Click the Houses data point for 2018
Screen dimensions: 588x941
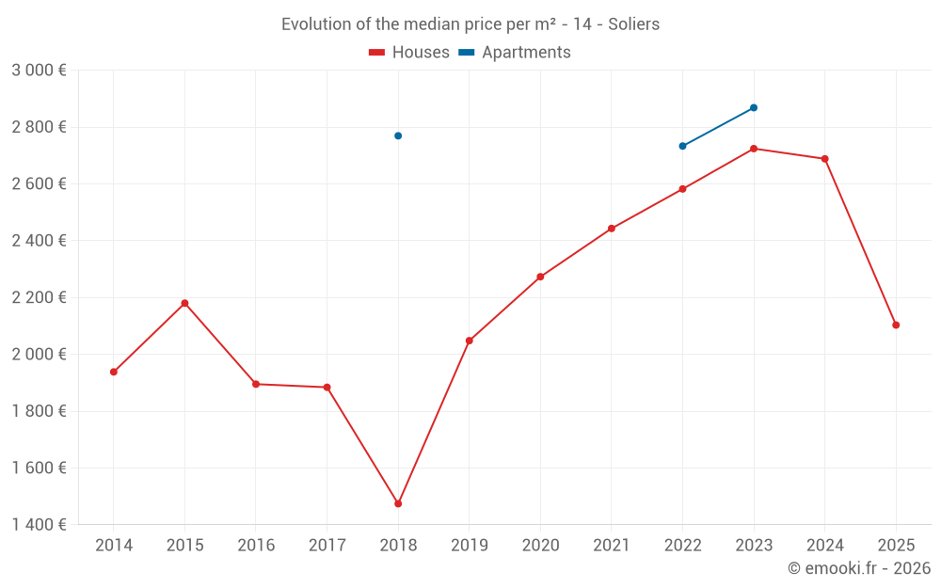point(398,503)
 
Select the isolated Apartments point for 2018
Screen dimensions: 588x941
point(398,135)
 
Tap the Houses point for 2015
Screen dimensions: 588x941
point(184,303)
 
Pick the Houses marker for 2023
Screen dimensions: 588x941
point(754,149)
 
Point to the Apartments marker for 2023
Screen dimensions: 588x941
point(754,107)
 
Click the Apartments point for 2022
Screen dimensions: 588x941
point(682,146)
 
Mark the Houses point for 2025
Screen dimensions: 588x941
point(896,325)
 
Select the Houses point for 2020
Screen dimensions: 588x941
point(540,277)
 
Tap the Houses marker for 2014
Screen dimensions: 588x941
point(114,372)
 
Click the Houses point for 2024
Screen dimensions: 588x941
point(825,159)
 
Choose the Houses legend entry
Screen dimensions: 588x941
point(409,53)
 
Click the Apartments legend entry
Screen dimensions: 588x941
point(515,53)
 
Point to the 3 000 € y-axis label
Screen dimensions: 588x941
point(40,70)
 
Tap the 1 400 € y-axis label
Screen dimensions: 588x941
point(40,524)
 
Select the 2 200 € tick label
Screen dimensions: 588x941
point(40,297)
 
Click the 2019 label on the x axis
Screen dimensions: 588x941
point(470,545)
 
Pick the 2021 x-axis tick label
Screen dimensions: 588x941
point(612,545)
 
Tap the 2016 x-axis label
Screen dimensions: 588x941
point(256,545)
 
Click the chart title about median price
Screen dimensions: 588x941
point(470,24)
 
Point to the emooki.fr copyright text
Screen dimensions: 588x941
point(859,567)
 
